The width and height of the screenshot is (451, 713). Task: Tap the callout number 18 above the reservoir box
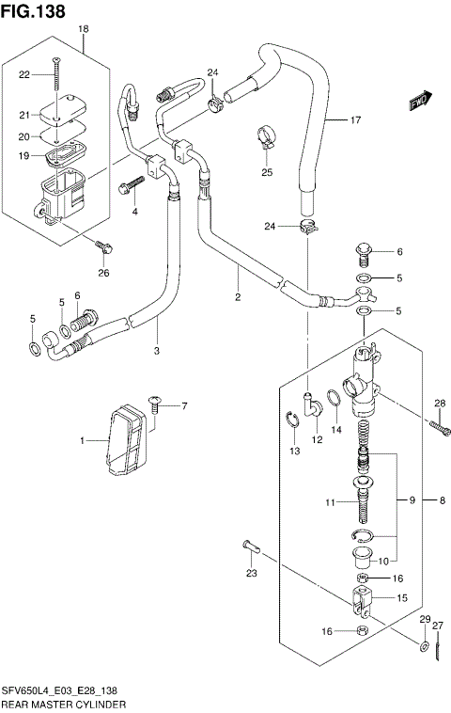(83, 30)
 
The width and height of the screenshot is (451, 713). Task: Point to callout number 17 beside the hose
(355, 119)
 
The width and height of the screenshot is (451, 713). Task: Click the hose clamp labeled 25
(266, 139)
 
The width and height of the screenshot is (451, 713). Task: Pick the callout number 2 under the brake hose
(238, 297)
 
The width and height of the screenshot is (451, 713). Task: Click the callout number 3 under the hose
(157, 351)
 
